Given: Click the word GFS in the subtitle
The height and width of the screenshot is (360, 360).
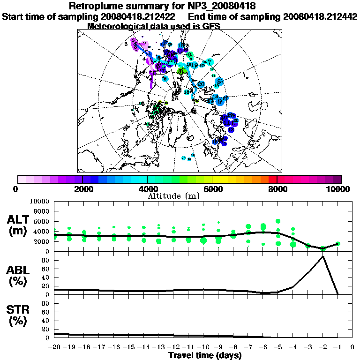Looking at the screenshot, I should [x=210, y=26].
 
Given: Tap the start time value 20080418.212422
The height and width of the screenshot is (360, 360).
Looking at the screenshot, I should [x=136, y=16].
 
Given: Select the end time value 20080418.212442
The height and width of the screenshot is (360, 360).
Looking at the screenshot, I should [x=320, y=16].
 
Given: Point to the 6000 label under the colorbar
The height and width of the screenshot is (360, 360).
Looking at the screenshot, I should [x=212, y=189].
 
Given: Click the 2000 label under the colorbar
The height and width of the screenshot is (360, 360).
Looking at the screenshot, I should [x=82, y=189].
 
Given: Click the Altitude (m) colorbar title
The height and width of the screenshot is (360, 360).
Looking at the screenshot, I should [x=174, y=195].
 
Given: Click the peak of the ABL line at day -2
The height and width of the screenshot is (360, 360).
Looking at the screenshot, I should [x=323, y=256].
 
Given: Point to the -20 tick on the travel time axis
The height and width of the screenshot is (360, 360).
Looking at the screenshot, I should [x=54, y=347].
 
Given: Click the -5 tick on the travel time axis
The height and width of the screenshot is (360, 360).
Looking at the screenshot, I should [x=278, y=347].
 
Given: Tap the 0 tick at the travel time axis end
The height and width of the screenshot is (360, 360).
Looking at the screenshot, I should [x=352, y=347].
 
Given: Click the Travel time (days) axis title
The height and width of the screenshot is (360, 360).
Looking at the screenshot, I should [x=205, y=355].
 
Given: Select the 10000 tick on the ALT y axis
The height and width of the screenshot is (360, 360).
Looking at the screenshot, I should [x=40, y=201].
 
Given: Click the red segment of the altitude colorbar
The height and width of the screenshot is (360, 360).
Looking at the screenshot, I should [x=273, y=179].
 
